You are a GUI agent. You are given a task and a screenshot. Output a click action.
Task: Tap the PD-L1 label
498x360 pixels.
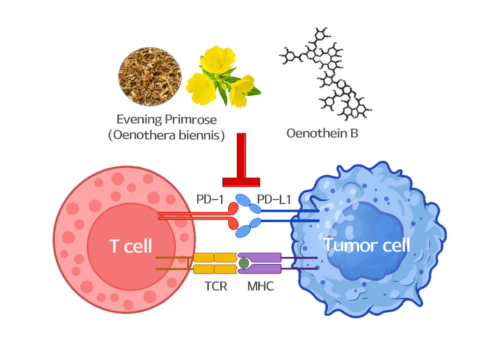pos(274,200)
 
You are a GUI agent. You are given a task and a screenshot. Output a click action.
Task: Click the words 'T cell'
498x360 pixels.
pos(130,245)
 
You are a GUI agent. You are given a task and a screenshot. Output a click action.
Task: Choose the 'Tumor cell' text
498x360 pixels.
pos(367,245)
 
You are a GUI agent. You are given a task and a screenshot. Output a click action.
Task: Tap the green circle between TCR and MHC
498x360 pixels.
pos(243,263)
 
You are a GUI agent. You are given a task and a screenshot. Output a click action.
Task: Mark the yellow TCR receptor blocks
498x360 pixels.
pos(215,263)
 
